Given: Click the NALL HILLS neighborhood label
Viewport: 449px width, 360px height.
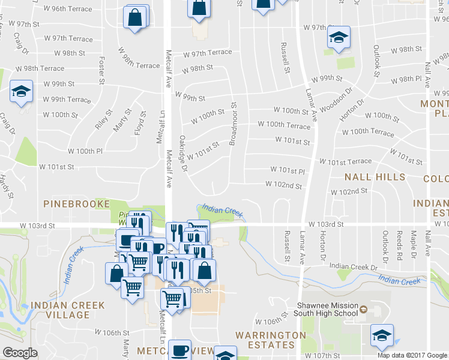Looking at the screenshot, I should (x=375, y=177).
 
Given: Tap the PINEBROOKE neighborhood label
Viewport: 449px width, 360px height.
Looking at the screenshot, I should (x=77, y=204).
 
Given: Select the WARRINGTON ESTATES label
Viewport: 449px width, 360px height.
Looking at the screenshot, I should (x=265, y=340).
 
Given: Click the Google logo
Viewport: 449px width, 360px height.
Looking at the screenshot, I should (x=20, y=353).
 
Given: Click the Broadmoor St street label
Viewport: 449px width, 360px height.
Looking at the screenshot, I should (x=234, y=124).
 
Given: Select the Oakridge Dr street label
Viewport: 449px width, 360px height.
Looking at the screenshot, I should (x=184, y=153).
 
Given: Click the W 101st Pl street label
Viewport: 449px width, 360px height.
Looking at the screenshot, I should (x=288, y=170).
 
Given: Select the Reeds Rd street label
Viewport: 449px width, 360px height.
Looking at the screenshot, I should (x=399, y=244).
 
